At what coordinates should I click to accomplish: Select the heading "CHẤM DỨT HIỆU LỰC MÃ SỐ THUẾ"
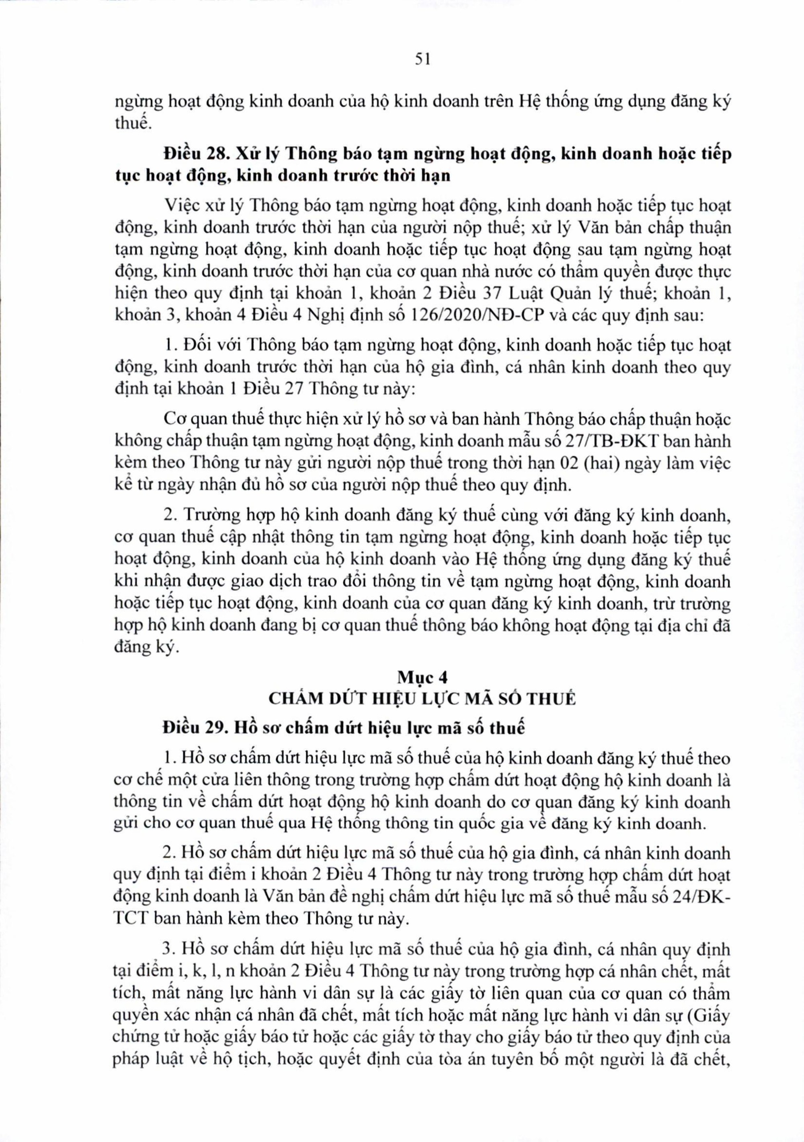point(422,698)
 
